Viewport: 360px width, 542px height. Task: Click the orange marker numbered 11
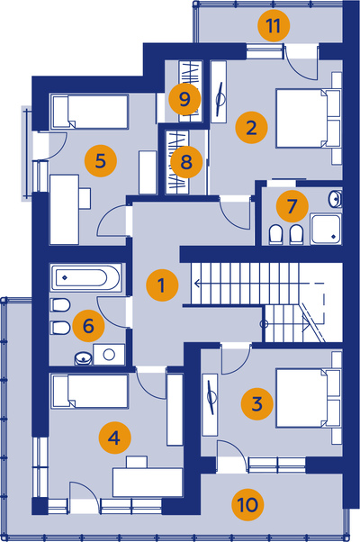(x=274, y=25)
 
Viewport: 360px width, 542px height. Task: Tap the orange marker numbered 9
(x=184, y=99)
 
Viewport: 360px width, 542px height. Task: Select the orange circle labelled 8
(x=186, y=161)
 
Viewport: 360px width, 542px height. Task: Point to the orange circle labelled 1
(x=162, y=285)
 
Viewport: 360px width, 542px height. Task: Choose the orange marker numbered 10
(x=247, y=505)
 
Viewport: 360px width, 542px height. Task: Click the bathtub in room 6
(x=86, y=277)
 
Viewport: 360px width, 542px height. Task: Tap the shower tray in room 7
(x=326, y=230)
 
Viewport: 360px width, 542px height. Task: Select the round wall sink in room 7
(x=335, y=199)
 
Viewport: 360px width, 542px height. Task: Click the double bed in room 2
(x=308, y=119)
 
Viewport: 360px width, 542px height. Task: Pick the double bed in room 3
(x=308, y=398)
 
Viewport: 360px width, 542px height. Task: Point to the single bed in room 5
(x=90, y=112)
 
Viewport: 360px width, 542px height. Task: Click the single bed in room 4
(x=90, y=392)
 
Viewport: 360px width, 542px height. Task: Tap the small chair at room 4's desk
(x=137, y=462)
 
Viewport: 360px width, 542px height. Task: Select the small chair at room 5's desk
(x=85, y=198)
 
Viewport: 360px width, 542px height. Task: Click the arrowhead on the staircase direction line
(x=197, y=284)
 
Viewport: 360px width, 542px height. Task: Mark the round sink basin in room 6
(x=84, y=358)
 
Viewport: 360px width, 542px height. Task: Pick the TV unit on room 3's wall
(x=210, y=404)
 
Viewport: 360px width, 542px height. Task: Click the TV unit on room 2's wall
(x=219, y=92)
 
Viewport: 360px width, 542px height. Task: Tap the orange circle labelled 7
(x=292, y=206)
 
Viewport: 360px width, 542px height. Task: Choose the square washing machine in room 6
(x=109, y=355)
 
